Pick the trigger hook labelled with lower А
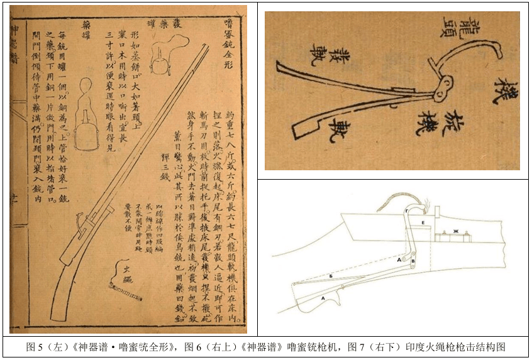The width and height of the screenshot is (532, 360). click(x=324, y=300)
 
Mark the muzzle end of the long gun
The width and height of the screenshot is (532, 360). click(x=207, y=48)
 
